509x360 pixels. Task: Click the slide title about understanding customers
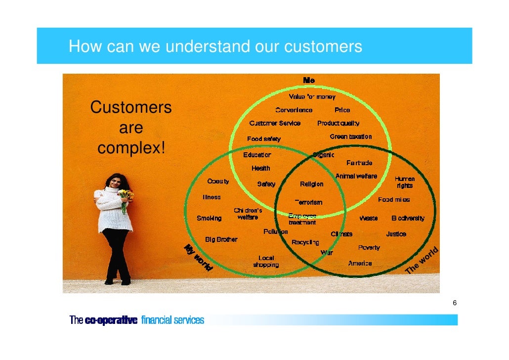tap(215, 46)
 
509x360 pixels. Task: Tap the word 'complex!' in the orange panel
tap(131, 148)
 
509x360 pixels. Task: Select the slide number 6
tap(454, 303)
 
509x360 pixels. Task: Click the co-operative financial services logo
tap(136, 320)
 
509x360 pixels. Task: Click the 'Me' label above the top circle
tap(309, 80)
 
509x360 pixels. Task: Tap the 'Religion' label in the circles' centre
tap(311, 184)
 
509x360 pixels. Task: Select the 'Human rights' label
tap(404, 182)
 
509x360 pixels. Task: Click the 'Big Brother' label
tap(221, 239)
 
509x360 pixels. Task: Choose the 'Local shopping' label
tap(266, 261)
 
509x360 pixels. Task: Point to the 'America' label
tap(360, 263)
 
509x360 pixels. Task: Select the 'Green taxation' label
tap(350, 136)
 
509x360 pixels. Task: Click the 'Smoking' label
tap(209, 218)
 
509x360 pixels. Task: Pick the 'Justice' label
tap(396, 234)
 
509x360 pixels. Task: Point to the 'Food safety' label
tap(264, 139)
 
